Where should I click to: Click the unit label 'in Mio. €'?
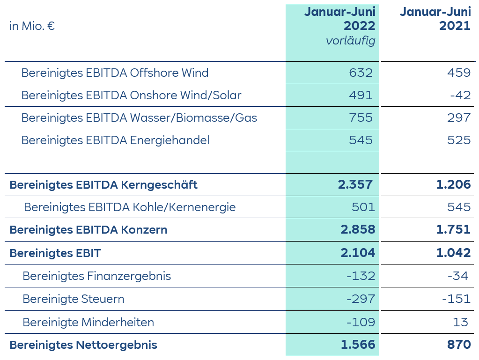tap(32, 26)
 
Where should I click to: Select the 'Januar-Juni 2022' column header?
tap(339, 18)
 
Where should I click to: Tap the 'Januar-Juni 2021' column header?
tap(435, 18)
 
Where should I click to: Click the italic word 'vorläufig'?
tap(350, 41)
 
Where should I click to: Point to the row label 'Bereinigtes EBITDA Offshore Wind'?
tap(115, 73)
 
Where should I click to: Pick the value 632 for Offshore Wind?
tap(361, 73)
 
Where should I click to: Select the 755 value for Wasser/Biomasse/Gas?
tap(361, 118)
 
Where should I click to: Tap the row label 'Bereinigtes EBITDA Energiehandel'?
tap(115, 140)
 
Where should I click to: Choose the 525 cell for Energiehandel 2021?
tap(458, 140)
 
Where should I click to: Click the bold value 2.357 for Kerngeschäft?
tap(355, 184)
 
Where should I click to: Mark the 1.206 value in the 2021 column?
tap(453, 184)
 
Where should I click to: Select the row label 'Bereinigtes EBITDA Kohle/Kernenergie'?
tap(130, 207)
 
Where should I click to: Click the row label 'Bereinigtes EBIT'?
tap(55, 253)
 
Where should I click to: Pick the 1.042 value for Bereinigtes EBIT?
tap(453, 253)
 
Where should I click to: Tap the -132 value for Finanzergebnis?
tap(361, 276)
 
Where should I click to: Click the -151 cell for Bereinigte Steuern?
tap(457, 299)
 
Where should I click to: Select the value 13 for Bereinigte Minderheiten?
tap(461, 322)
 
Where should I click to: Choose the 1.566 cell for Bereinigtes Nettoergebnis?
tap(358, 345)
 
